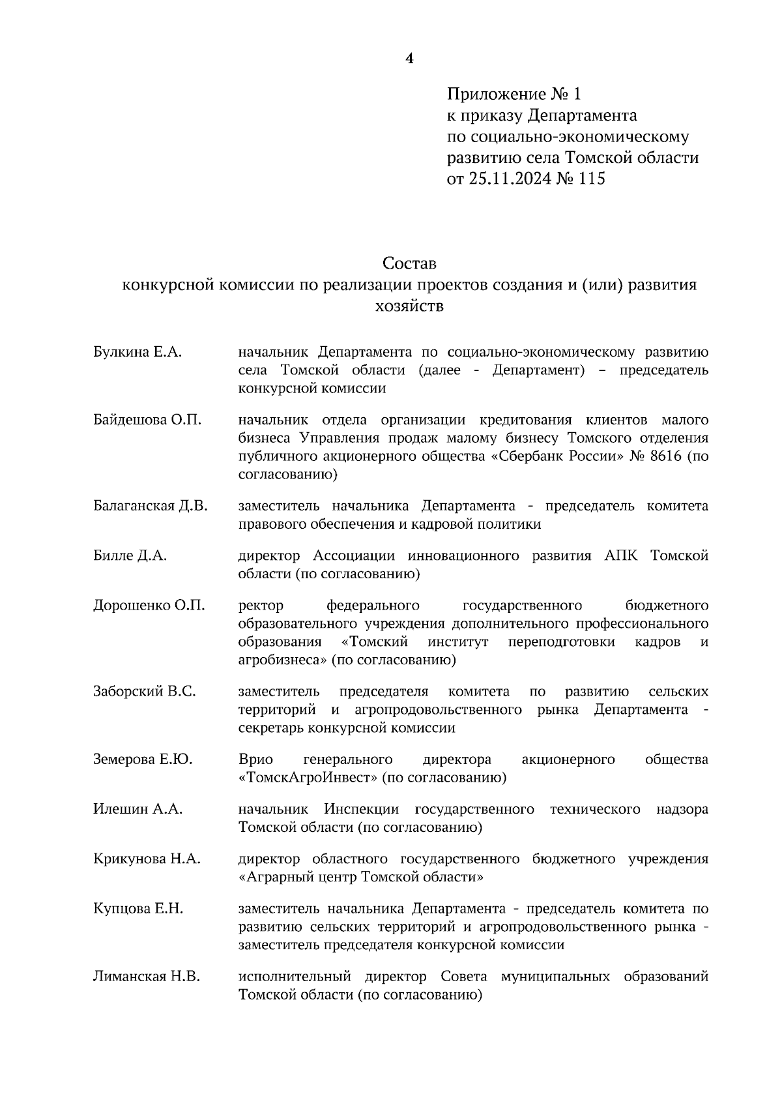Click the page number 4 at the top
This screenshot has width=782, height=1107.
click(409, 59)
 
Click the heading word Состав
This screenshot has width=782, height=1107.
click(409, 264)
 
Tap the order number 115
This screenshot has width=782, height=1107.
click(591, 179)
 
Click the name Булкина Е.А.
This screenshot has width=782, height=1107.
click(137, 353)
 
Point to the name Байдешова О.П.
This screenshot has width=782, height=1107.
click(147, 420)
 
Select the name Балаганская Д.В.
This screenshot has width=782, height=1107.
click(151, 506)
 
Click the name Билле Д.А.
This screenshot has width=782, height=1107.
click(130, 556)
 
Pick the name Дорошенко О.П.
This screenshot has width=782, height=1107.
click(149, 606)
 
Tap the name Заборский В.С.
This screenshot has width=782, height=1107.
click(144, 692)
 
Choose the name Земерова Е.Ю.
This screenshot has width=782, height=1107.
click(143, 760)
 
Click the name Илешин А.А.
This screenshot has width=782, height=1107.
click(138, 810)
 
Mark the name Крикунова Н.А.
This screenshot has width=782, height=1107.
click(147, 859)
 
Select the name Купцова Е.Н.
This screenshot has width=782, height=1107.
click(138, 909)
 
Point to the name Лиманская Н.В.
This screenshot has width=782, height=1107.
click(147, 977)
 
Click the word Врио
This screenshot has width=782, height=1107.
click(255, 760)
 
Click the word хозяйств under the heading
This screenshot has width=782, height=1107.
click(409, 306)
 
